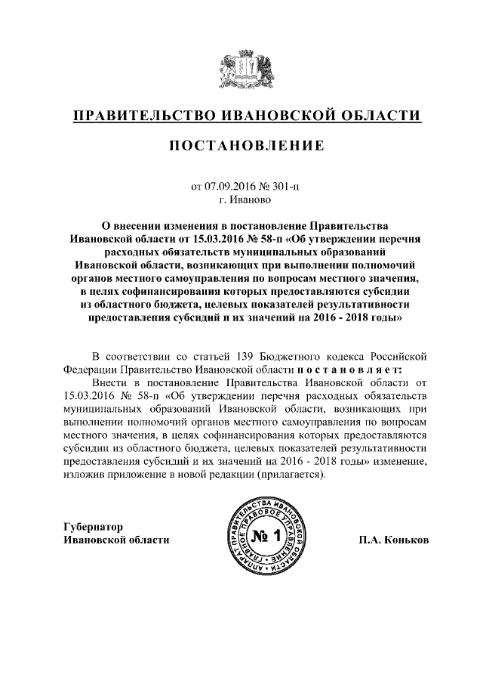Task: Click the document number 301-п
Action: pyautogui.click(x=286, y=186)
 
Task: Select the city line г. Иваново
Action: pyautogui.click(x=241, y=200)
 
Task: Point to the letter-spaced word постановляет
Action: pyautogui.click(x=350, y=370)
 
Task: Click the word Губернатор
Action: pyautogui.click(x=93, y=527)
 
